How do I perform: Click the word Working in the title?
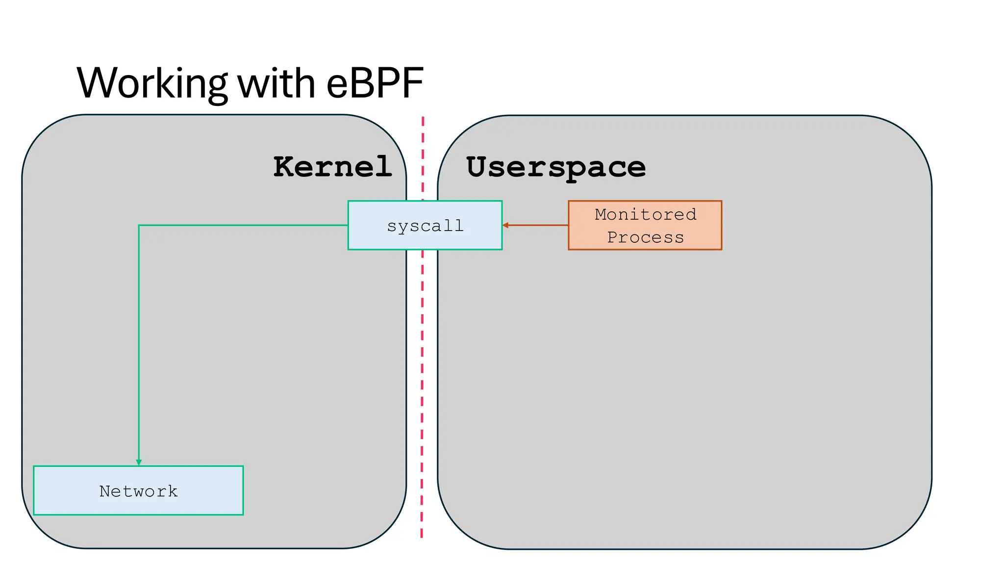coord(152,83)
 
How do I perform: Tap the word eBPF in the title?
coord(375,83)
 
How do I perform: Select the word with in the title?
coord(276,83)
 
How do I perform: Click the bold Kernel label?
coord(332,167)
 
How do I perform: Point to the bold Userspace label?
coord(555,167)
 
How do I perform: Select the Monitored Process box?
coord(645,225)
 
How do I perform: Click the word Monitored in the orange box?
coord(645,214)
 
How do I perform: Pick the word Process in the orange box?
coord(645,237)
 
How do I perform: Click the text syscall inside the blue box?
coord(425,226)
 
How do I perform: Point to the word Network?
coord(138,491)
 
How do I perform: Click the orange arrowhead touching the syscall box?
coord(505,225)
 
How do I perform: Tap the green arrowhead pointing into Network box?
coord(139,462)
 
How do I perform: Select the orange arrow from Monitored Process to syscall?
coord(537,225)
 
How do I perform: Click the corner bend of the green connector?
coord(139,226)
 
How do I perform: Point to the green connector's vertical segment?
coord(139,343)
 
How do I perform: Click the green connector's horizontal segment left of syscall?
coord(245,225)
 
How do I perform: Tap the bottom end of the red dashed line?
coord(422,536)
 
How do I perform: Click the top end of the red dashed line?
coord(423,119)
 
